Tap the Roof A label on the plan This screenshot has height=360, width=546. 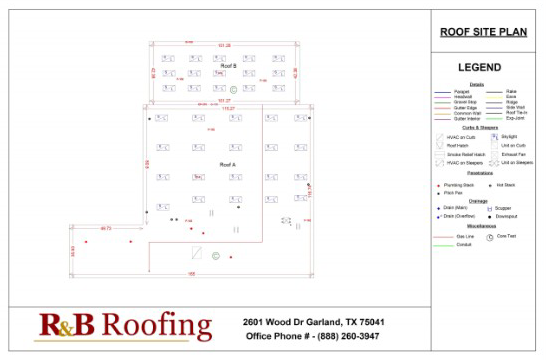[228, 163]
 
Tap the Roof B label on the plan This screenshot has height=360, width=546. [228, 65]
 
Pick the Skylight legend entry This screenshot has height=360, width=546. [509, 136]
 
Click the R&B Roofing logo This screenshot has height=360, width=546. [125, 326]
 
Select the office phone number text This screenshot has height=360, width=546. [313, 336]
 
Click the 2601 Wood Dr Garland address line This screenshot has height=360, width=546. [313, 322]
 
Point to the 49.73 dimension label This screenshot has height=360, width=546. [106, 229]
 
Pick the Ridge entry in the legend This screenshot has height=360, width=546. [511, 102]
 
